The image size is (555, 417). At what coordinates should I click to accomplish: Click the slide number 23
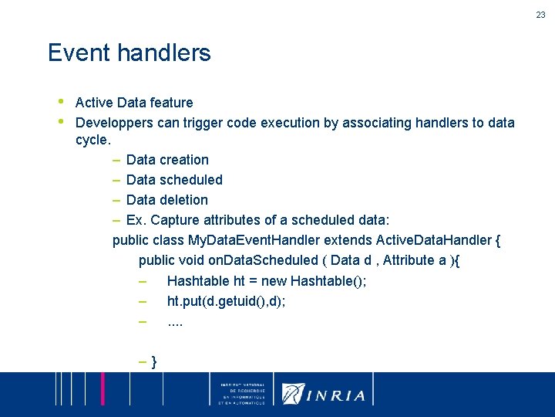(541, 15)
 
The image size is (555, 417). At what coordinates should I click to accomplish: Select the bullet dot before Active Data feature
(60, 101)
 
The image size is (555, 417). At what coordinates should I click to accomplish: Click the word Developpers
(113, 123)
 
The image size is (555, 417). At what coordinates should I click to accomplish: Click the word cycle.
(93, 141)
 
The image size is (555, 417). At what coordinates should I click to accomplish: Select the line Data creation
(167, 160)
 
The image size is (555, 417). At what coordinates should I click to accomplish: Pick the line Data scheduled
(174, 180)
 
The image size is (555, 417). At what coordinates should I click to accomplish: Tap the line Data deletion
(166, 200)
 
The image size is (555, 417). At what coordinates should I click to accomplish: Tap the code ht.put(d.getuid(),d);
(226, 300)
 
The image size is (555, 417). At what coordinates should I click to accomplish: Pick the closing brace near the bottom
(155, 361)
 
